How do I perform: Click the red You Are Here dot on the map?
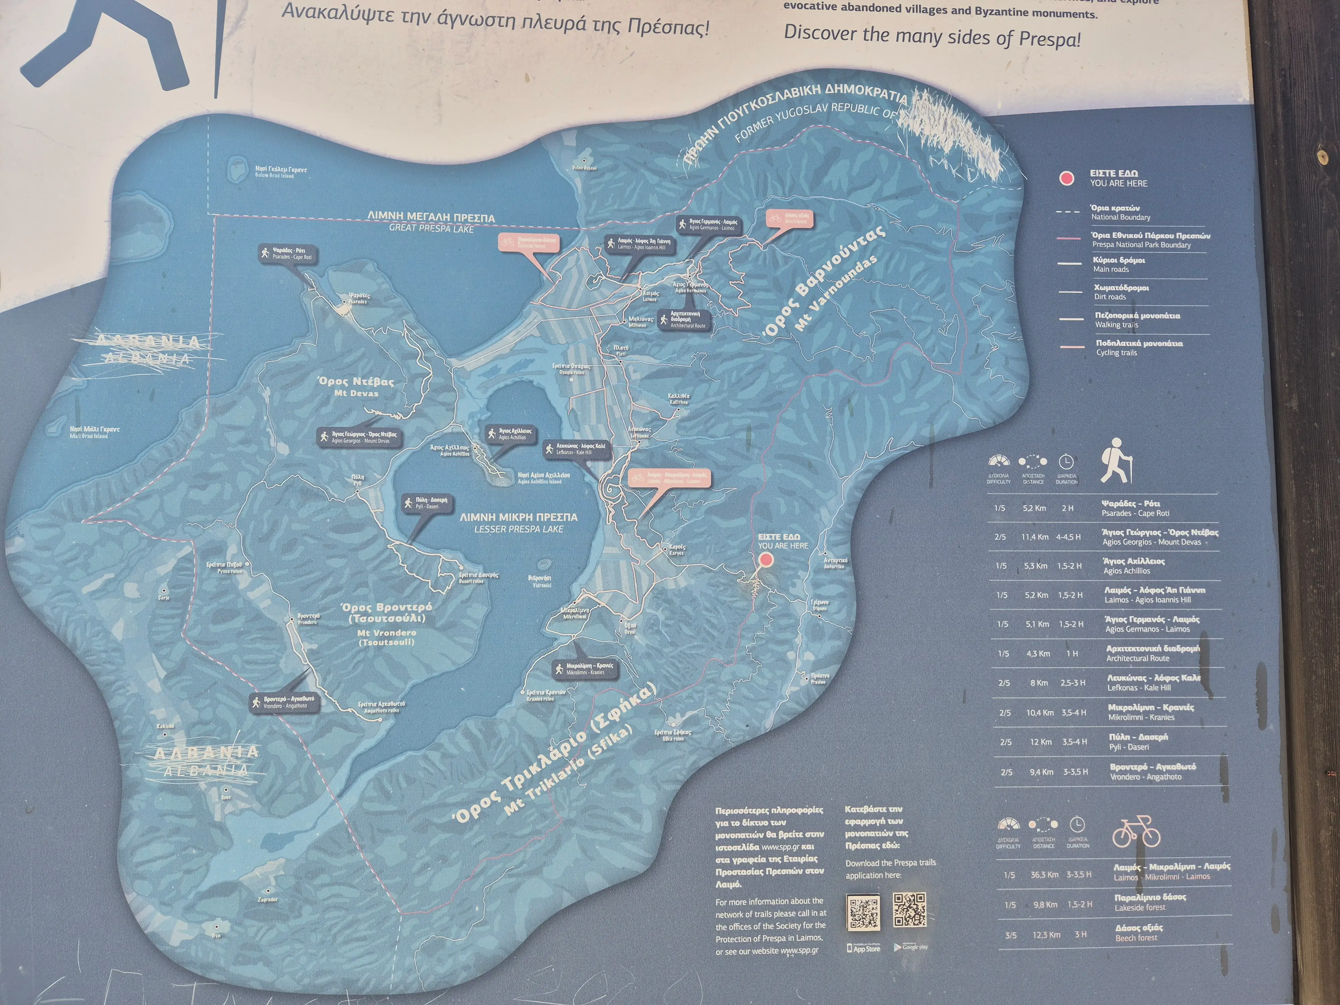[x=766, y=560]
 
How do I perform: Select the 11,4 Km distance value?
[x=1035, y=537]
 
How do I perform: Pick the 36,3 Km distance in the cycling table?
[x=1045, y=875]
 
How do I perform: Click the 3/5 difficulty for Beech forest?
[x=1010, y=935]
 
